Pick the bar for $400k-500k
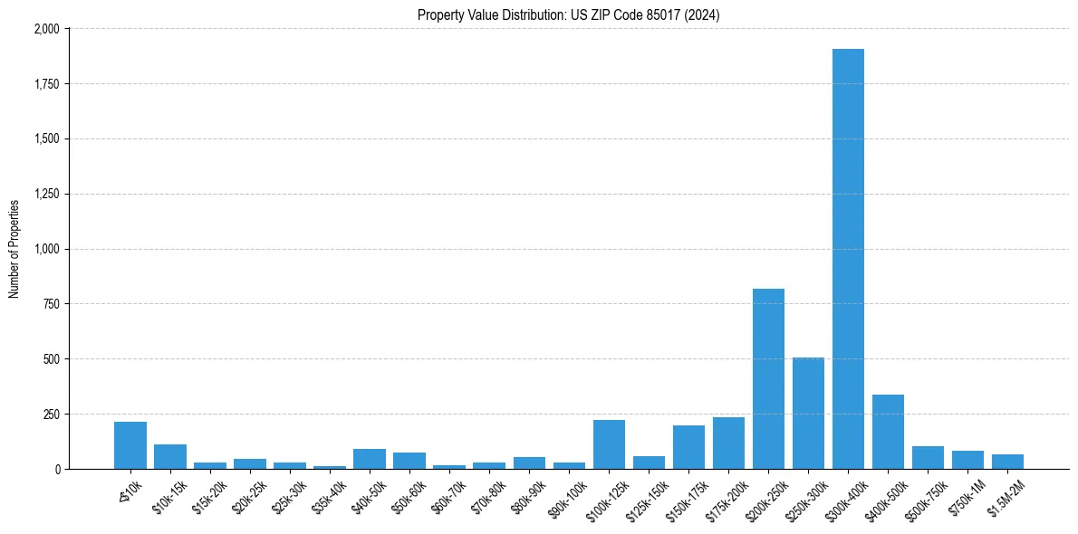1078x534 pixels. point(888,432)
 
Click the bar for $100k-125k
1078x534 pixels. point(609,444)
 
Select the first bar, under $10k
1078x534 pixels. point(130,445)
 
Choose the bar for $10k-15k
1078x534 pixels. point(170,457)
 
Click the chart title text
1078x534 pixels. point(569,14)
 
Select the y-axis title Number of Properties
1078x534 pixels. point(14,249)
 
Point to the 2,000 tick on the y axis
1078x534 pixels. point(46,29)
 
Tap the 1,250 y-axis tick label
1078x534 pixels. point(46,194)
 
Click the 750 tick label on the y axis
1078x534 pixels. point(51,304)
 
